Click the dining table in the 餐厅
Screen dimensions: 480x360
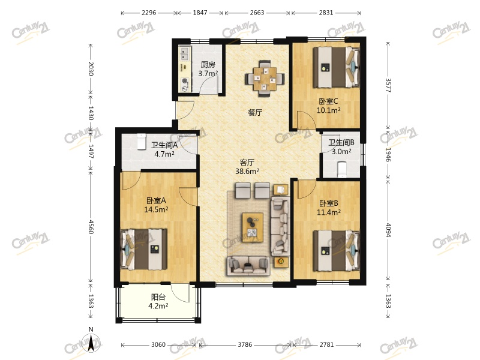(x=265, y=78)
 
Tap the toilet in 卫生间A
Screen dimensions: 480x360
(x=141, y=142)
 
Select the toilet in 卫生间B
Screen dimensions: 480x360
(x=341, y=170)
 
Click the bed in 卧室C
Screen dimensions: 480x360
(x=337, y=67)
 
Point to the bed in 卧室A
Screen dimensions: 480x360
(x=144, y=249)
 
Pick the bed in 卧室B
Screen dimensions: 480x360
(x=337, y=251)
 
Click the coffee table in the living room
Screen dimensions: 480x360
(x=253, y=227)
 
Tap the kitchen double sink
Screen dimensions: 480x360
(x=185, y=54)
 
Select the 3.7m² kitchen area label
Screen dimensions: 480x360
(x=208, y=73)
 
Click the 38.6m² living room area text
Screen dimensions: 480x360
(x=247, y=171)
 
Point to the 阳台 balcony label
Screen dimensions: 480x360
(x=158, y=297)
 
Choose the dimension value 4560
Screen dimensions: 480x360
(x=91, y=226)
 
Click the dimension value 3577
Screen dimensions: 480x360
(x=388, y=85)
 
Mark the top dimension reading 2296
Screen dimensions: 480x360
(x=149, y=13)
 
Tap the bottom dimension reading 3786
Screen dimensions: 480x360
(x=245, y=344)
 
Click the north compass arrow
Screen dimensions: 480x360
(x=91, y=343)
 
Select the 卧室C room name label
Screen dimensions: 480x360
(x=328, y=101)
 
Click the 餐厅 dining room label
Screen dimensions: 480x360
(x=255, y=112)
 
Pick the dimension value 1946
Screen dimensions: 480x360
(x=388, y=155)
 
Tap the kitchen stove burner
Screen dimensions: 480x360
(x=185, y=81)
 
